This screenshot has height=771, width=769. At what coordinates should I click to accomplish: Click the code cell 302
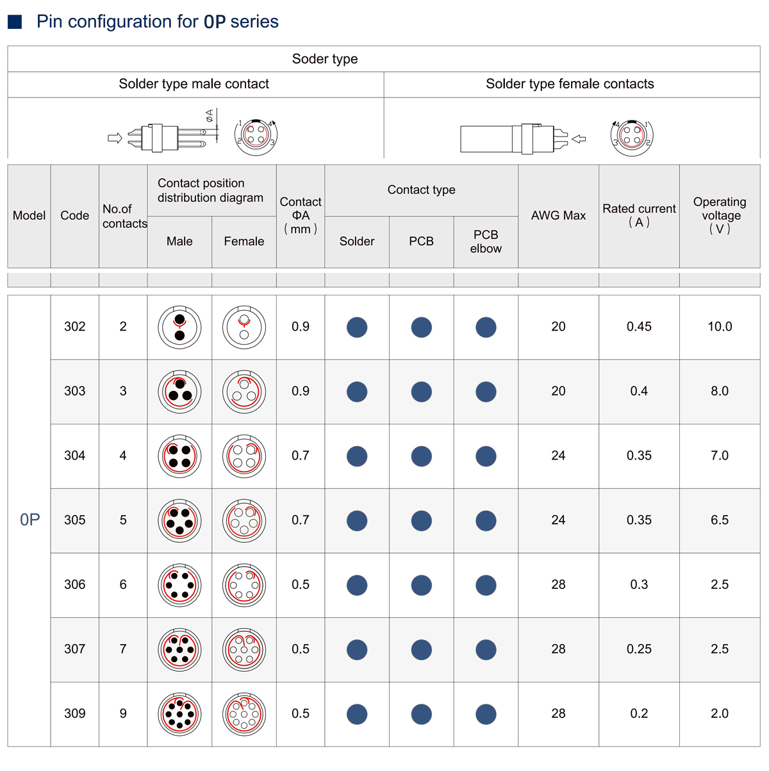click(75, 327)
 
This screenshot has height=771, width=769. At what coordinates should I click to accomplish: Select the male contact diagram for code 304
click(179, 456)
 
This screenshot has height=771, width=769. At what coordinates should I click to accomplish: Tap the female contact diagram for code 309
click(244, 714)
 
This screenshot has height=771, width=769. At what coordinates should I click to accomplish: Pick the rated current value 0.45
click(639, 327)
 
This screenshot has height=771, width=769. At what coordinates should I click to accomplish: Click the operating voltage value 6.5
click(720, 520)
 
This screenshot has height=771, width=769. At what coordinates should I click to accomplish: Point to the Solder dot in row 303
click(357, 392)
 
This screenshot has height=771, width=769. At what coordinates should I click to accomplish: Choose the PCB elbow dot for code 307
click(486, 650)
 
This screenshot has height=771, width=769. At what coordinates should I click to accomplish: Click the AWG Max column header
click(558, 216)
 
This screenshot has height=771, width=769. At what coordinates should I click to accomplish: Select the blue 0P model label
click(29, 520)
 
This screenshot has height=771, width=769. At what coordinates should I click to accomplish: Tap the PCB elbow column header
click(486, 242)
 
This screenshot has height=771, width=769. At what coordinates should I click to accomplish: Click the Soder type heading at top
click(325, 59)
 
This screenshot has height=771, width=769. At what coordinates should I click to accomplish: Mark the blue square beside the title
click(15, 22)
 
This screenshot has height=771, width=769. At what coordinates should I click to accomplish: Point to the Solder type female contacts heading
click(570, 84)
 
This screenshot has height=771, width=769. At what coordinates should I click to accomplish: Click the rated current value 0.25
click(639, 649)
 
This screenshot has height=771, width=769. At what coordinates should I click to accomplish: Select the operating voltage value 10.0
click(720, 327)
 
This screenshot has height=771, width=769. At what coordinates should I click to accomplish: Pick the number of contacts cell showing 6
click(123, 584)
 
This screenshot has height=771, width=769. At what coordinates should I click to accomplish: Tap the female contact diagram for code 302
click(244, 327)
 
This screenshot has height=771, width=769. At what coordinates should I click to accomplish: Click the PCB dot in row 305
click(421, 520)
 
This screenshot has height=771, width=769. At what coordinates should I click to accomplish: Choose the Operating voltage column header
click(720, 215)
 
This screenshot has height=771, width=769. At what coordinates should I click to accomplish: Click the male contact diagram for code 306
click(179, 585)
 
